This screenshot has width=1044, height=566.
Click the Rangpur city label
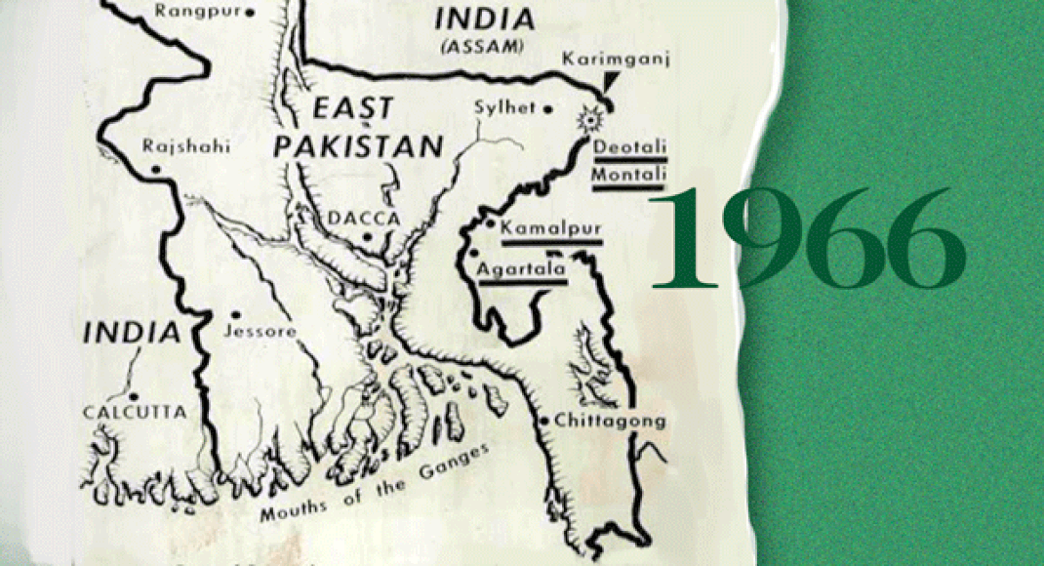[x=197, y=13]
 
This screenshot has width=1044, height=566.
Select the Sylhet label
[x=504, y=107]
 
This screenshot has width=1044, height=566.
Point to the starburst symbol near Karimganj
[x=588, y=120]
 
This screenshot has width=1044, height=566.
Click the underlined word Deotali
[x=628, y=145]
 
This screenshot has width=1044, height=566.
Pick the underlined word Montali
[x=629, y=174]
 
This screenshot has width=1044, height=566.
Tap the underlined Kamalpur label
[x=549, y=228]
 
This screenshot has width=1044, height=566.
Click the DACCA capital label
[x=367, y=219]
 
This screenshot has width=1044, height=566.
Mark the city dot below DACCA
[x=367, y=236]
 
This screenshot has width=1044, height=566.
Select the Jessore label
[x=260, y=331]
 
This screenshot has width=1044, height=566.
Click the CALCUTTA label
[x=134, y=412]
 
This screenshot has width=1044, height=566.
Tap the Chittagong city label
[x=609, y=421]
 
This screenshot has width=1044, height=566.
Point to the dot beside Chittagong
[x=543, y=421]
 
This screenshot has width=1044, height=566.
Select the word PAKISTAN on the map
[x=358, y=147]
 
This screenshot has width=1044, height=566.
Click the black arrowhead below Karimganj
[x=611, y=82]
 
